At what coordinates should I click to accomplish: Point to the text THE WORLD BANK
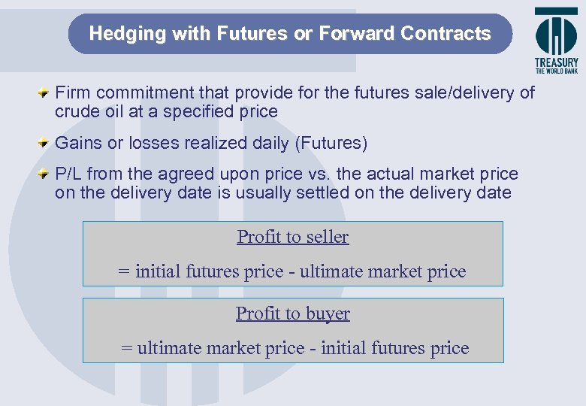point(557,71)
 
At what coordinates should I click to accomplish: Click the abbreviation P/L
point(70,174)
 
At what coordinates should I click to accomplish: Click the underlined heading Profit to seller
point(293,237)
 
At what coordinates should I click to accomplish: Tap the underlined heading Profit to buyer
point(293,314)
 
